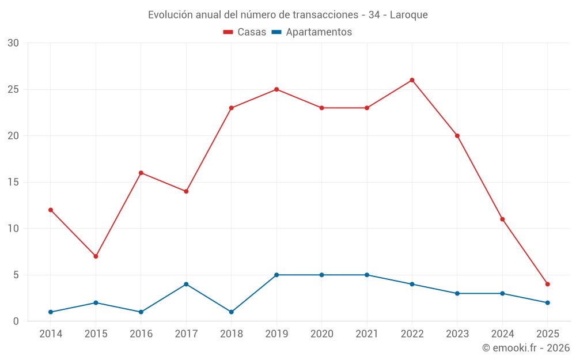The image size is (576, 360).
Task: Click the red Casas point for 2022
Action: pyautogui.click(x=412, y=80)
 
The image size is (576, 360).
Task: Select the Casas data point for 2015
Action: pyautogui.click(x=96, y=256)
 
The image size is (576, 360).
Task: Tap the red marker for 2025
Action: pyautogui.click(x=547, y=284)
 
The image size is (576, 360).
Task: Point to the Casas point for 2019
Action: pyautogui.click(x=276, y=89)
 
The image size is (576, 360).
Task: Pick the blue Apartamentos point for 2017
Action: pyautogui.click(x=186, y=284)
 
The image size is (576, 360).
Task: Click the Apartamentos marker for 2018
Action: pyautogui.click(x=231, y=312)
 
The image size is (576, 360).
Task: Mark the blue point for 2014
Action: pyautogui.click(x=51, y=312)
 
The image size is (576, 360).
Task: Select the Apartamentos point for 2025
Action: pyautogui.click(x=547, y=302)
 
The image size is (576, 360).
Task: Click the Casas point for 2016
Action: pyautogui.click(x=141, y=173)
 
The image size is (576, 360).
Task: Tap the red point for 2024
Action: pyautogui.click(x=502, y=219)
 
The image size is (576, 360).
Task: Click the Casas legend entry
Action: pyautogui.click(x=245, y=32)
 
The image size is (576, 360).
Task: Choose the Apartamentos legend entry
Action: pyautogui.click(x=312, y=32)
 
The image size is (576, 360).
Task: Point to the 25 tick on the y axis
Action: pyautogui.click(x=13, y=89)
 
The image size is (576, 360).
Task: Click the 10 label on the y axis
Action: pyautogui.click(x=13, y=229)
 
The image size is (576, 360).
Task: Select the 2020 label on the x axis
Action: pyautogui.click(x=321, y=334)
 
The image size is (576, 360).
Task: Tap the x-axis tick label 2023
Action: pyautogui.click(x=457, y=334)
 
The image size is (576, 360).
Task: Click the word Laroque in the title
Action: pyautogui.click(x=408, y=15)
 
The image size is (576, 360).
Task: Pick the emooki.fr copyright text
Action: pyautogui.click(x=526, y=348)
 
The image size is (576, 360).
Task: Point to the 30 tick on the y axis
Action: pyautogui.click(x=13, y=43)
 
